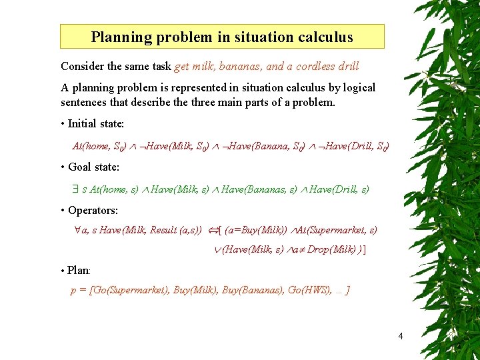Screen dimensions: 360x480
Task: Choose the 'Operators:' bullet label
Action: [93, 210]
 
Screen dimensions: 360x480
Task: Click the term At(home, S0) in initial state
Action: [98, 146]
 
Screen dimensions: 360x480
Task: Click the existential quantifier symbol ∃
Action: [75, 189]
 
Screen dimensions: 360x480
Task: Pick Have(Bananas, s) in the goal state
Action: [259, 189]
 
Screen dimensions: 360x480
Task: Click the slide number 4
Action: [400, 336]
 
